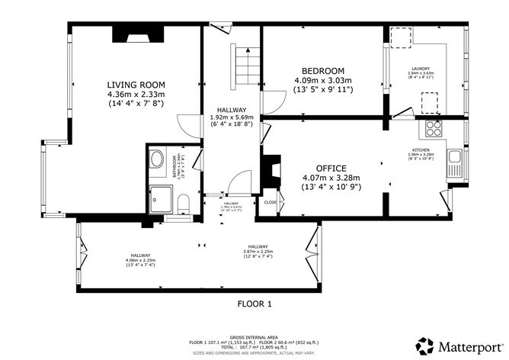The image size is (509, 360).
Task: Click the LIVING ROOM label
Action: [136, 84]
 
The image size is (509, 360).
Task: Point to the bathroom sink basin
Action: [157, 159]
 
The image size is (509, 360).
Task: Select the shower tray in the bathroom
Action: [162, 197]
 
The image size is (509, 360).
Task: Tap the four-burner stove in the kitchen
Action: [434, 127]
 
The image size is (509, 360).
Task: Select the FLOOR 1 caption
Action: [254, 303]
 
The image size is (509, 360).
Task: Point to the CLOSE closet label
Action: [271, 202]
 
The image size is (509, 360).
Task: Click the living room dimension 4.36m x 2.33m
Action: [136, 94]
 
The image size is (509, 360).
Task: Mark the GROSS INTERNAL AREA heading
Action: [254, 336]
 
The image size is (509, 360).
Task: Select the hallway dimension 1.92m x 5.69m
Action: [232, 117]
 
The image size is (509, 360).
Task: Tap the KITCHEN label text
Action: [421, 150]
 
